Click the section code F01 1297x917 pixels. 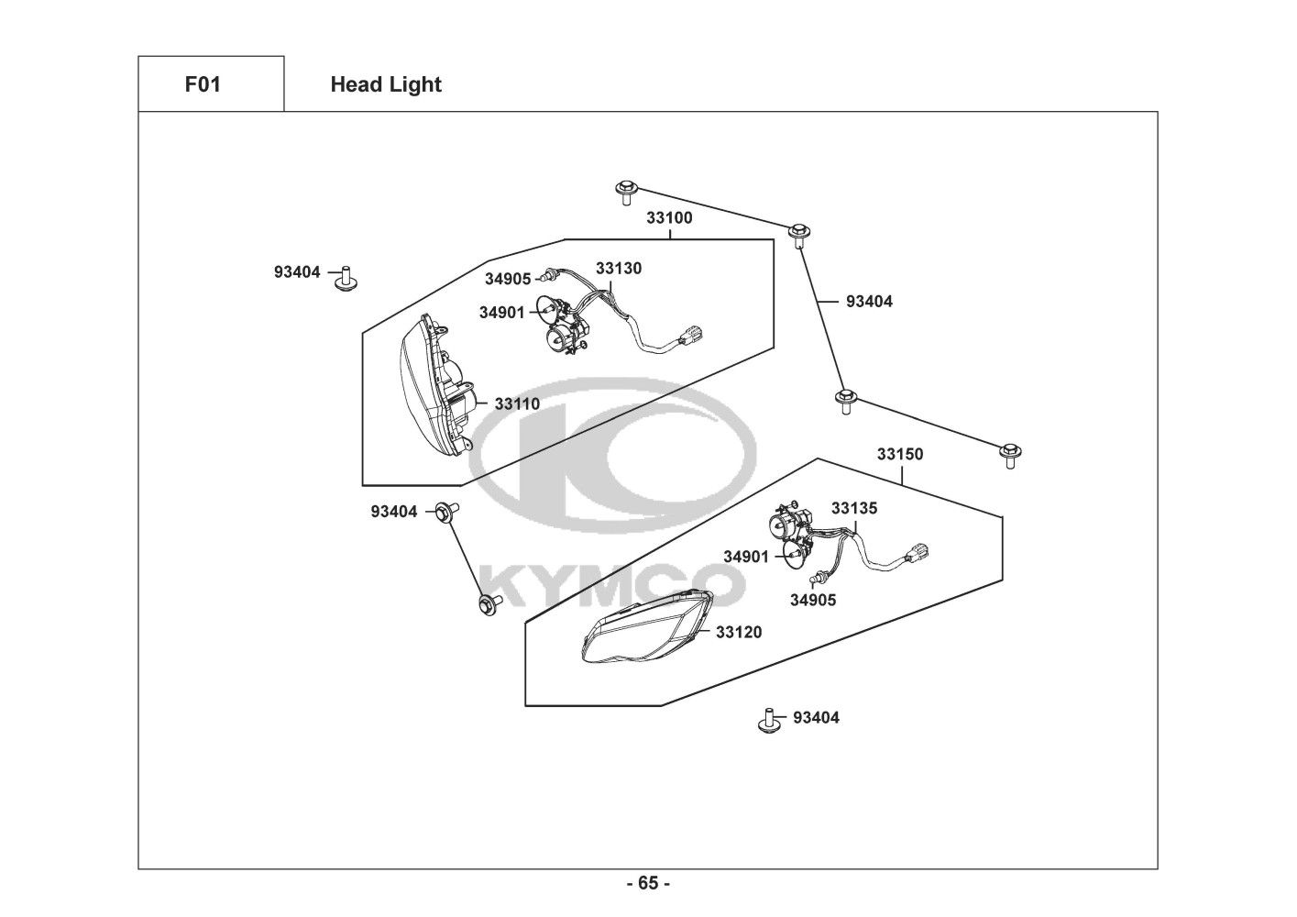(x=203, y=84)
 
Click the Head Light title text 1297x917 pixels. (x=385, y=84)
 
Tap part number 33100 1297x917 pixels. (x=669, y=218)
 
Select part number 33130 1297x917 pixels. (x=619, y=269)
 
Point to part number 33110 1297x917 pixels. (x=517, y=403)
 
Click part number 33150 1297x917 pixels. (x=900, y=454)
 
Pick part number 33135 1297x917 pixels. (x=854, y=508)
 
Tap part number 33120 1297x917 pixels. (x=739, y=632)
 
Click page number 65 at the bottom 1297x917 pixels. (x=648, y=884)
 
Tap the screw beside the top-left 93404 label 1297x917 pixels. (x=346, y=277)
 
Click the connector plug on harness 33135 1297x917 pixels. (x=919, y=555)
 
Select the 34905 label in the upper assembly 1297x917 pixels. (x=508, y=279)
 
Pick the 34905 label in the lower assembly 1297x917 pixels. (x=813, y=601)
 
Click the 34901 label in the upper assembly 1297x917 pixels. (x=501, y=313)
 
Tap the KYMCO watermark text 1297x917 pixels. (x=611, y=583)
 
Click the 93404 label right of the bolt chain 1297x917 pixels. (x=869, y=301)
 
